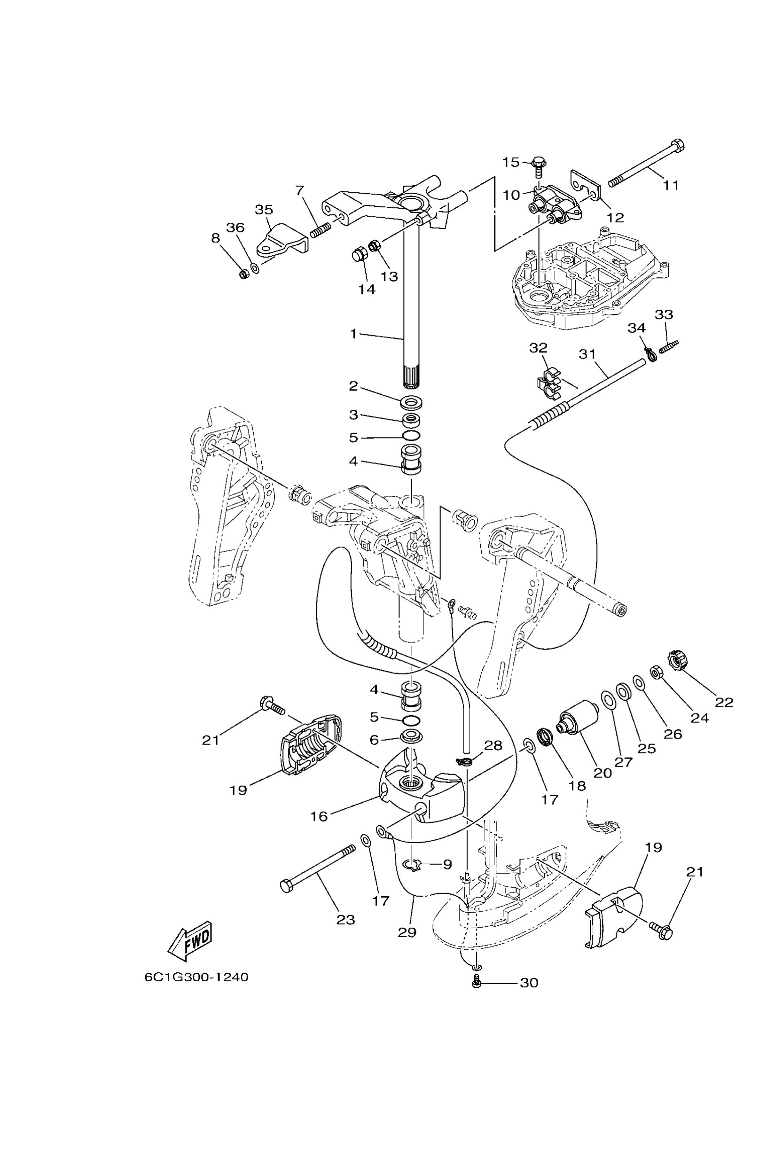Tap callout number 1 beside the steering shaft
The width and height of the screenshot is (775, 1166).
(353, 334)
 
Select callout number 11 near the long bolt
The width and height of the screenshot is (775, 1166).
(671, 185)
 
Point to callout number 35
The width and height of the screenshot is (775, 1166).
(264, 210)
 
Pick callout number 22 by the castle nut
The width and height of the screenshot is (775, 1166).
(724, 702)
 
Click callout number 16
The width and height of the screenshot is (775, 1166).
(319, 816)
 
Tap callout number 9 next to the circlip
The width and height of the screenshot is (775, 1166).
(447, 864)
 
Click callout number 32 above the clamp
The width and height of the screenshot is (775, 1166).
(538, 348)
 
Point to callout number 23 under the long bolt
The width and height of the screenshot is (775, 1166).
(346, 920)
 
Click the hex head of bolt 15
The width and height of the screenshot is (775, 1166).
(538, 161)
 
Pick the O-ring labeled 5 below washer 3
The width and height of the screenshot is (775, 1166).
(411, 437)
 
